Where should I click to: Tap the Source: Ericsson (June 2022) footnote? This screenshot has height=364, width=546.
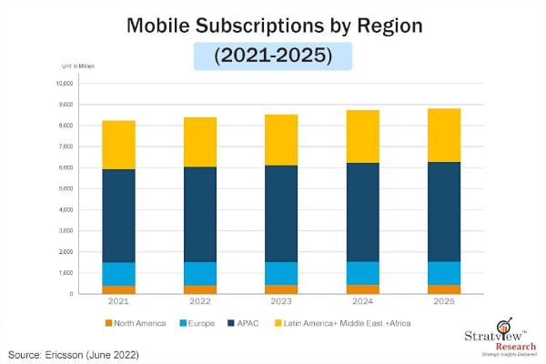73,352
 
